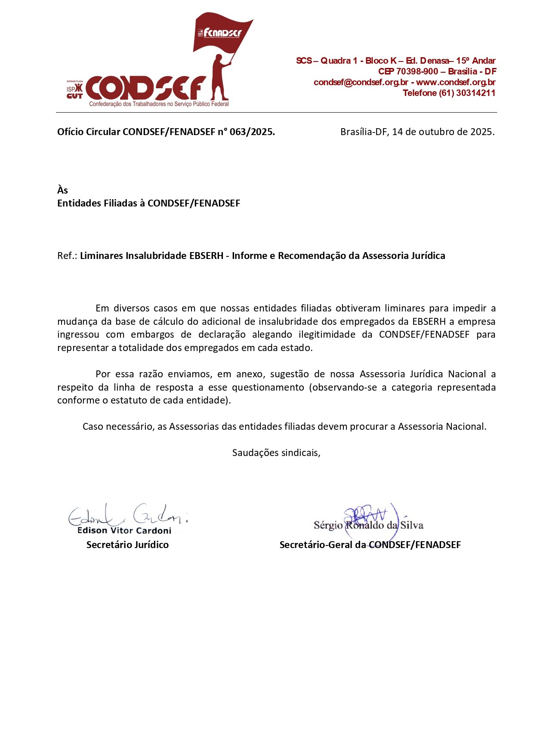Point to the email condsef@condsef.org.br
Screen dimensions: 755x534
pos(361,82)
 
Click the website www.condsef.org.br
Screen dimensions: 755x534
pos(456,82)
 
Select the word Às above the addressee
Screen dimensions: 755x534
pos(62,190)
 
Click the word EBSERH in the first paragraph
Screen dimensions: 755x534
pos(429,322)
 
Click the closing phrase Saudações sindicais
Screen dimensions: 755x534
pos(276,453)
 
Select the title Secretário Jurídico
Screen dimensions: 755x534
pos(127,545)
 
